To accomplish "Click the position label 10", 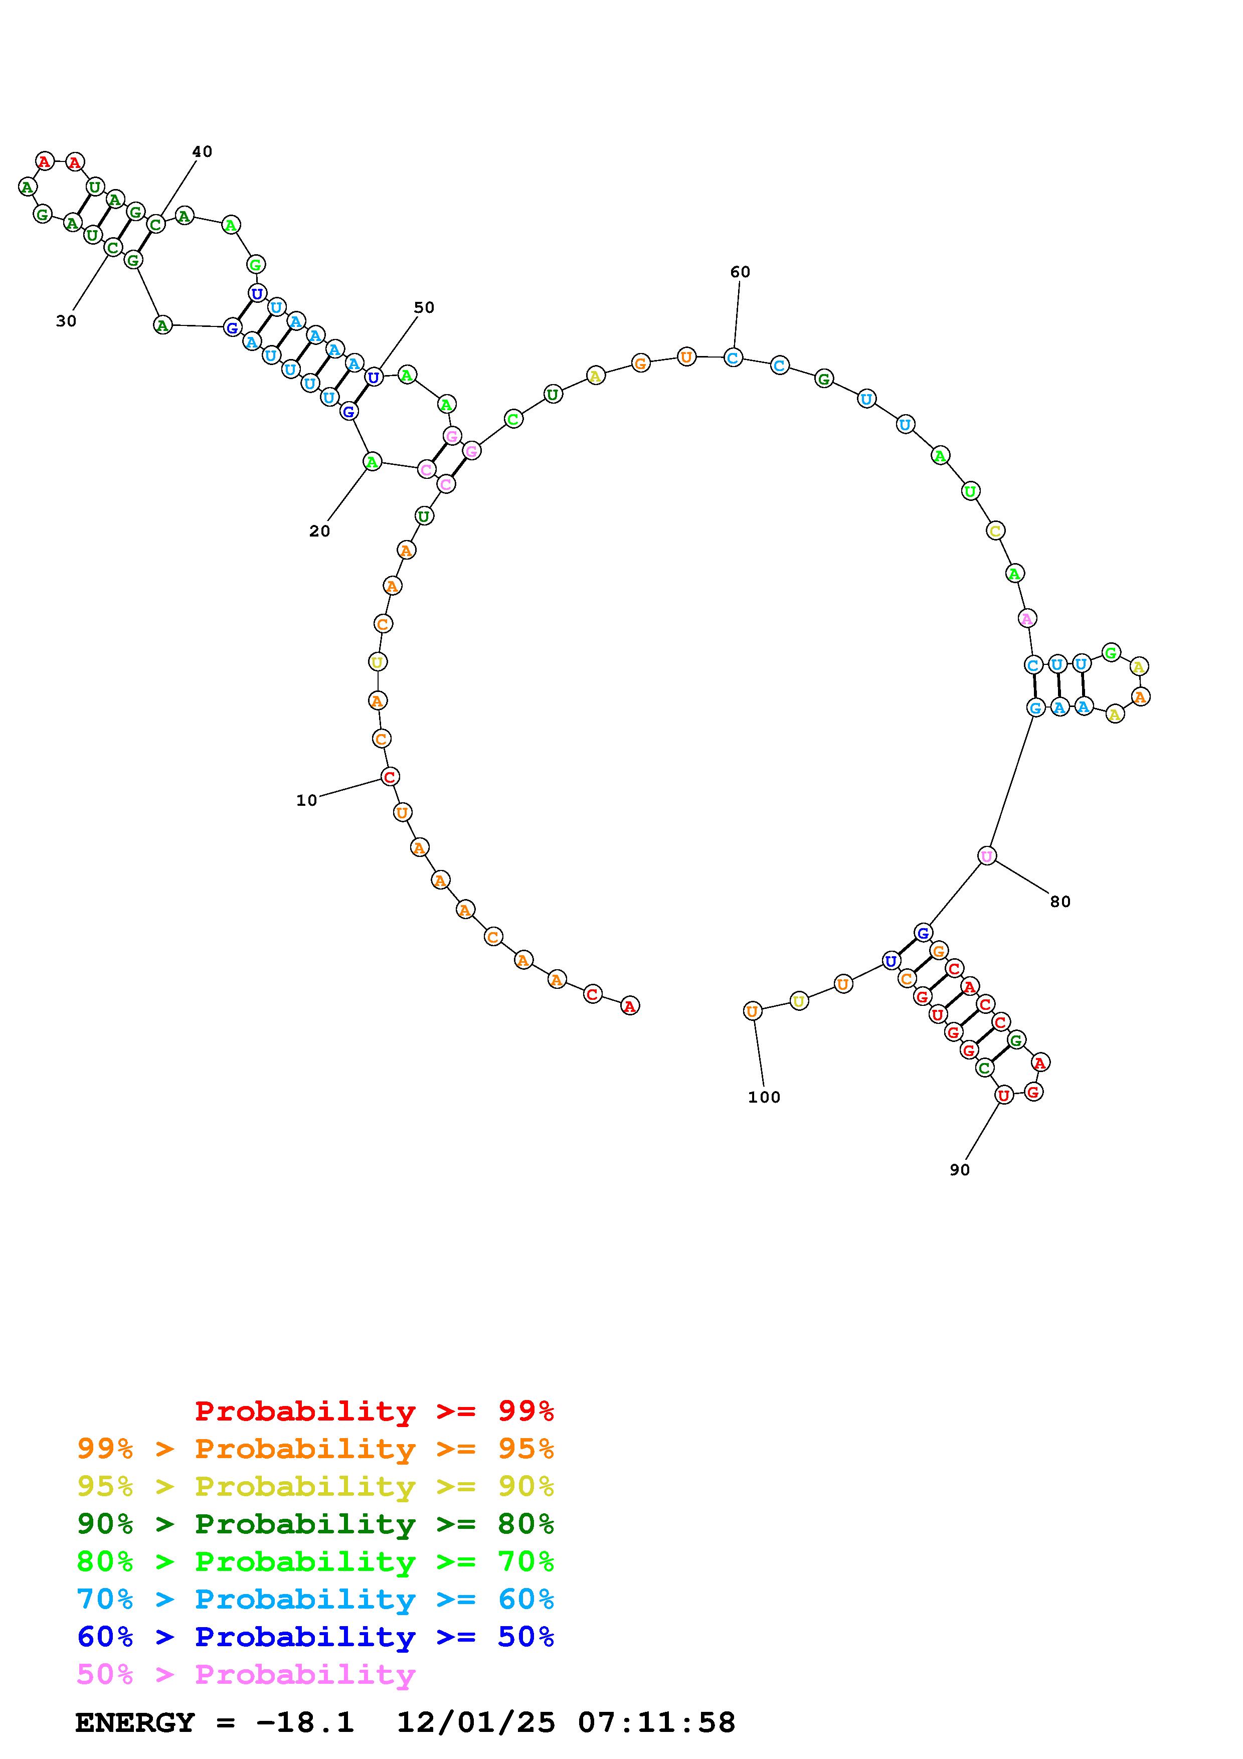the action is coord(306,801).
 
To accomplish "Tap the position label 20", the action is coord(319,531).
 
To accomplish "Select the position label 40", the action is coord(202,152).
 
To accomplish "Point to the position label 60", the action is coord(740,272).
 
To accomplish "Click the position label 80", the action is coord(1060,902).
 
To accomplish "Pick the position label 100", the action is coord(764,1097).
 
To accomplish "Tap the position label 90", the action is coord(960,1170).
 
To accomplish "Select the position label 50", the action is coord(424,307).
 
